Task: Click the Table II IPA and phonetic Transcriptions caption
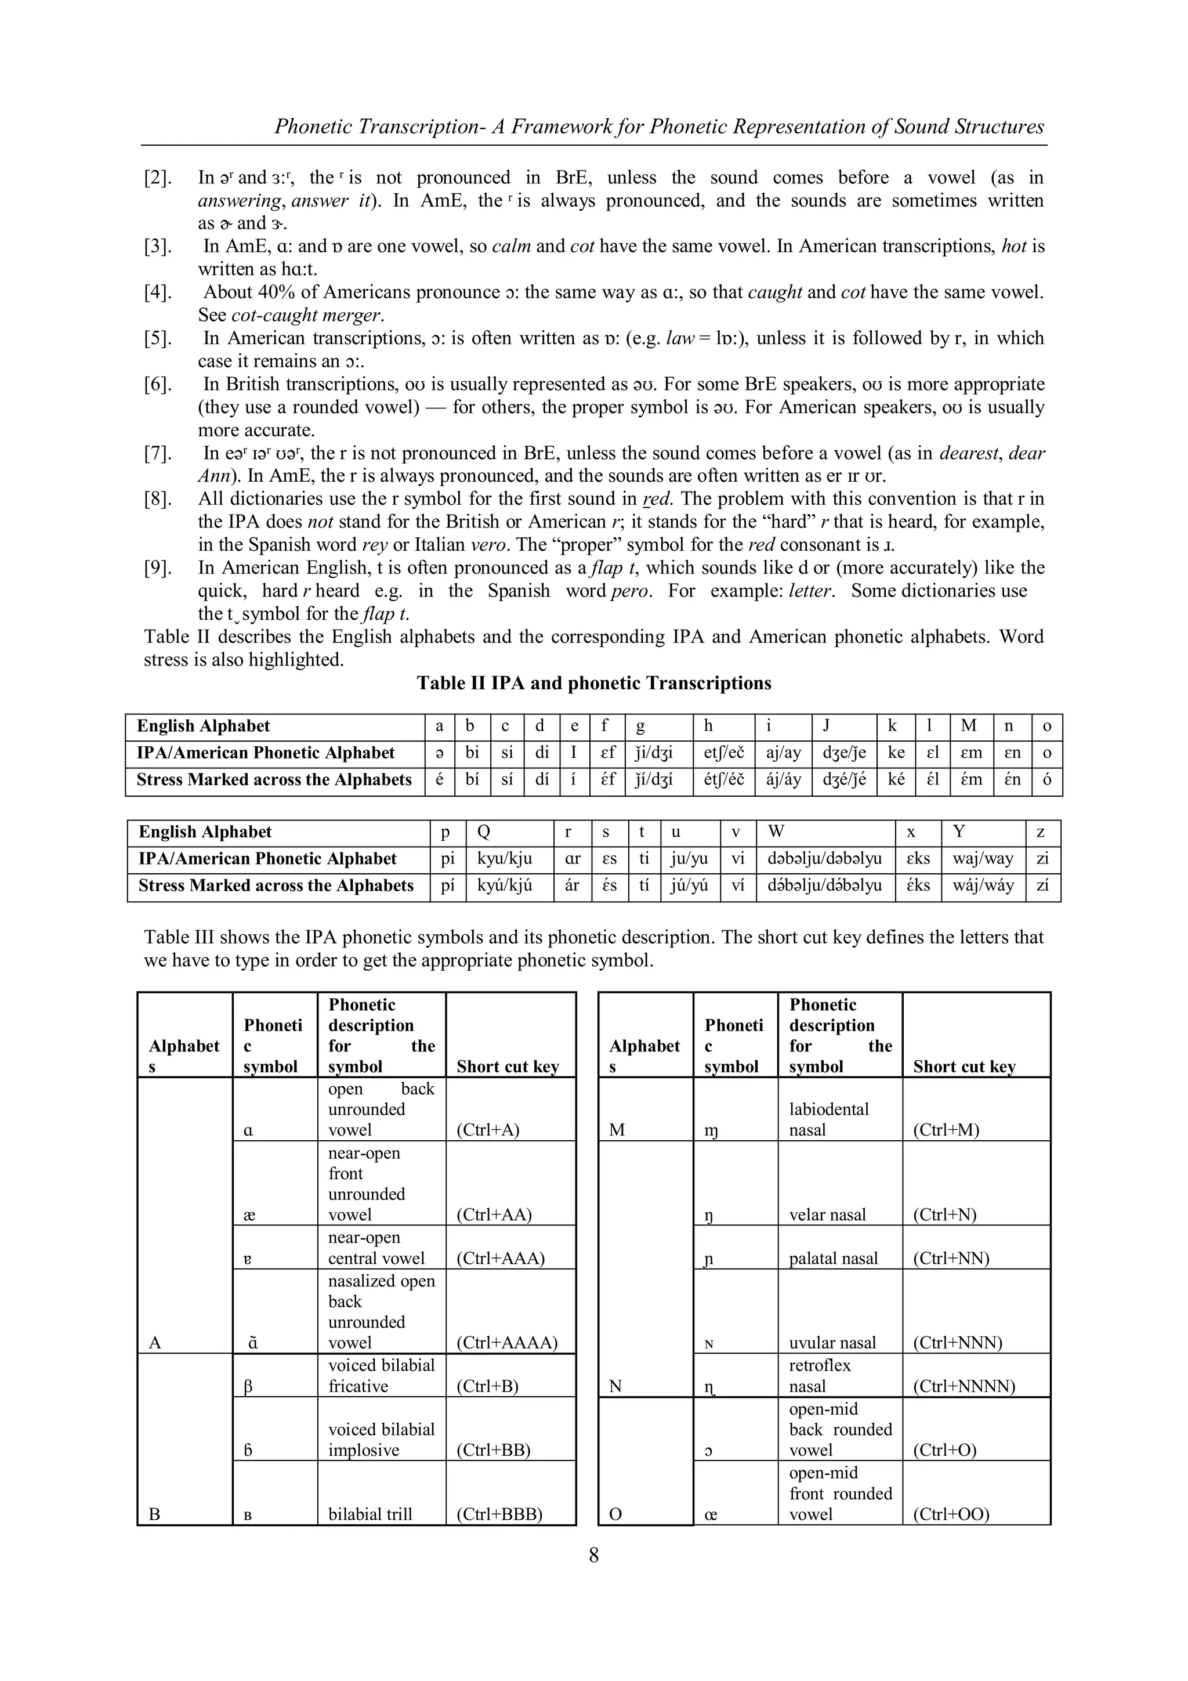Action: tap(593, 683)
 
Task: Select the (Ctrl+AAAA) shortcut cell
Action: tap(506, 1342)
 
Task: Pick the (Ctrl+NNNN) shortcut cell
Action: tap(964, 1386)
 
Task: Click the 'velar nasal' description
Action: tap(827, 1214)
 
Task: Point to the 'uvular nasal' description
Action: tap(832, 1342)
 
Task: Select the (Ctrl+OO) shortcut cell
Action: tap(951, 1513)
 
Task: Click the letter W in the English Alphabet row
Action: tap(777, 832)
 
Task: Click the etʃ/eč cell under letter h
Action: tap(724, 753)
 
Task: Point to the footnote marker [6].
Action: tap(158, 384)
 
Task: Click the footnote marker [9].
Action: tap(158, 568)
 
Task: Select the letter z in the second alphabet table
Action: tap(1041, 832)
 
